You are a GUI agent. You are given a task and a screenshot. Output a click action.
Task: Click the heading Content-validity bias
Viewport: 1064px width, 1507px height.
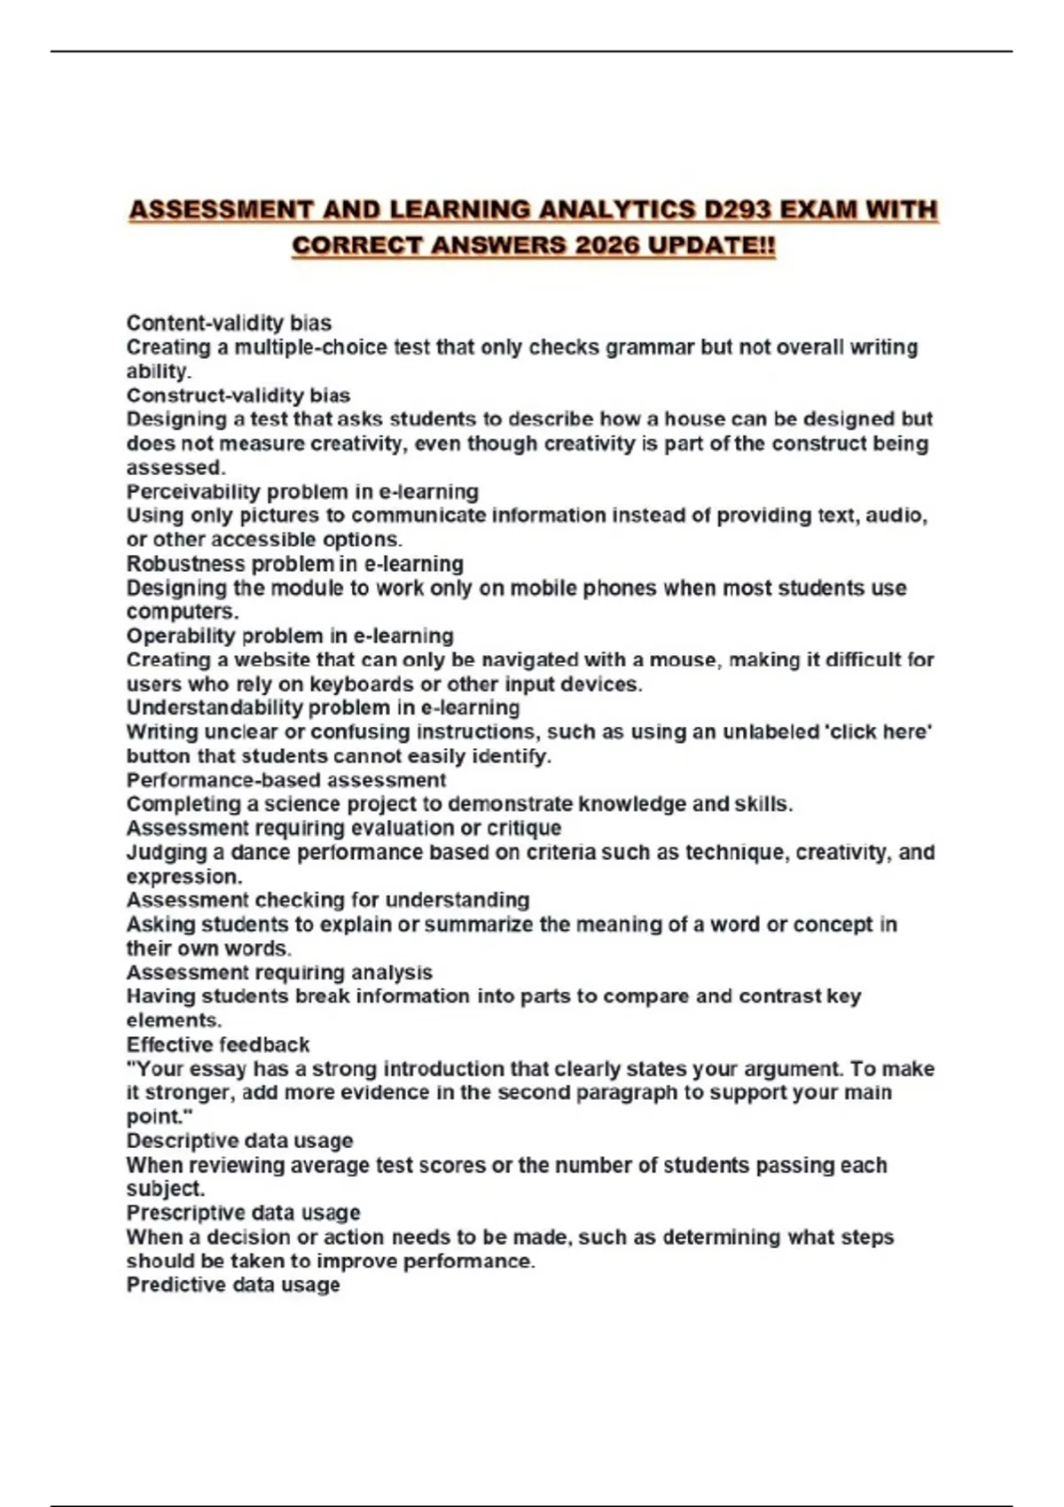[229, 323]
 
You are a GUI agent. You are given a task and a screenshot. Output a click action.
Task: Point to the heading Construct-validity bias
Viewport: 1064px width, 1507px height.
[238, 395]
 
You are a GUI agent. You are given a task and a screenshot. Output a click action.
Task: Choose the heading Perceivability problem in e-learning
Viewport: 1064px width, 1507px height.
[302, 492]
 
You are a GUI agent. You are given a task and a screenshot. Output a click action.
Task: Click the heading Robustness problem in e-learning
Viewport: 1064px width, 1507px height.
[294, 564]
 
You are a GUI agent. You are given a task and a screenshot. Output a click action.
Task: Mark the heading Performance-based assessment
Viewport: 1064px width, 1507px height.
[286, 780]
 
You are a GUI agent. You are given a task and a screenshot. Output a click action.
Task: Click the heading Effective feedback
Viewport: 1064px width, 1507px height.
[218, 1044]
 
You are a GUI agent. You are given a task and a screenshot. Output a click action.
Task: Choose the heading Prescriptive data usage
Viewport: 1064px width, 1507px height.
[243, 1213]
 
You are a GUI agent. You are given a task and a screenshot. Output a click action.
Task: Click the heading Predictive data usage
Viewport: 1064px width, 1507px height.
[233, 1285]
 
